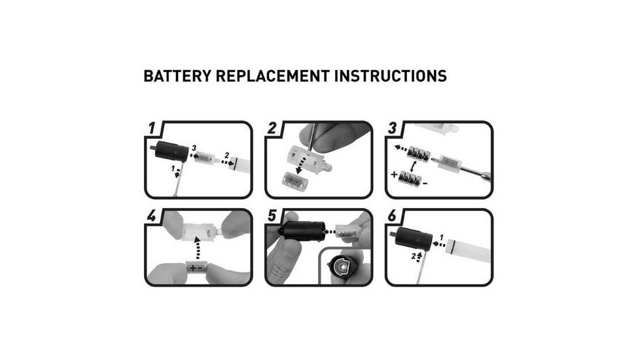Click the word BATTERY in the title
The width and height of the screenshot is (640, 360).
pos(177,77)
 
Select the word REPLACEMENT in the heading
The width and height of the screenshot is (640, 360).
pos(272,77)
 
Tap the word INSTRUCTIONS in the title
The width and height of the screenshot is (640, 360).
pos(390,77)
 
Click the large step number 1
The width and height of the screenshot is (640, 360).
pos(152,128)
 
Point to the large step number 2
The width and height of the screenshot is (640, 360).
pos(272,128)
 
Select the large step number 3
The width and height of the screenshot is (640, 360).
pos(392,128)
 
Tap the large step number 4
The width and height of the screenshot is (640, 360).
pos(152,215)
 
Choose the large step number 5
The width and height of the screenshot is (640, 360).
pos(272,215)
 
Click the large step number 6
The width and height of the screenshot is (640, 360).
pos(392,215)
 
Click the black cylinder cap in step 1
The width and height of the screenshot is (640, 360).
pos(171,151)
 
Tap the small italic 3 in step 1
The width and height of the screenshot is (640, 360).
pos(194,148)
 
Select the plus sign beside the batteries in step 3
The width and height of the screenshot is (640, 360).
pos(394,175)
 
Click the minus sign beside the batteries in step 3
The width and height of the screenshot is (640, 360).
pos(425,184)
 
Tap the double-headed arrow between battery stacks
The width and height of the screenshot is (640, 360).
pos(414,167)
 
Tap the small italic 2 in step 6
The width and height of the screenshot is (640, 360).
pos(414,257)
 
